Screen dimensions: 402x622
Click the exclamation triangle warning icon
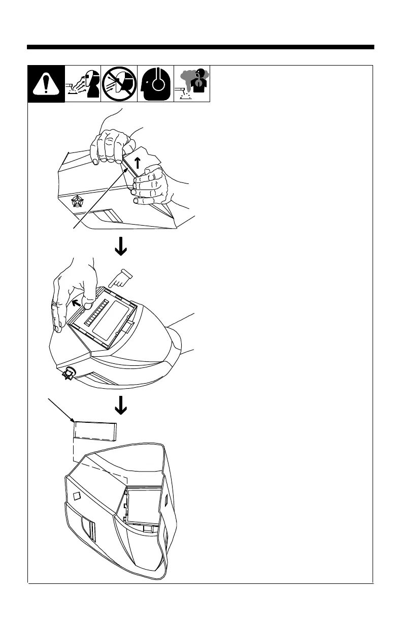tap(46, 84)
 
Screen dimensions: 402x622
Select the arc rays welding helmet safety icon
tap(83, 84)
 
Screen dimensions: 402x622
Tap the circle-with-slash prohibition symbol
tap(119, 84)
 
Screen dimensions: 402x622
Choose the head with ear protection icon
tap(155, 84)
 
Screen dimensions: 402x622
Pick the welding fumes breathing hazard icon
tap(192, 84)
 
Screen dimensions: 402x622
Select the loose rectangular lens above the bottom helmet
tap(95, 432)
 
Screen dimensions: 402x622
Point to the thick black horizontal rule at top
tap(200, 47)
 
